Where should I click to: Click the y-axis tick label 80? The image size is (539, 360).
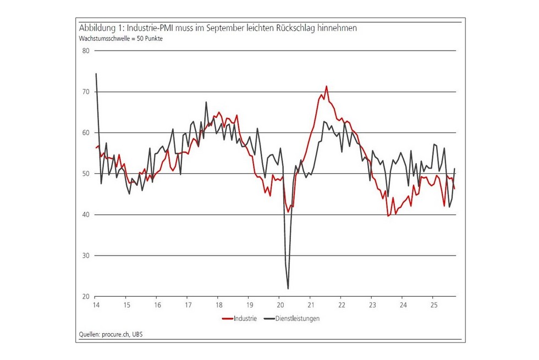(85, 51)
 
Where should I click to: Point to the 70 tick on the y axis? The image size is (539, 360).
(85, 92)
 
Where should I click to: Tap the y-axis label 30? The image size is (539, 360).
(85, 256)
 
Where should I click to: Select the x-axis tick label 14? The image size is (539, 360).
(96, 305)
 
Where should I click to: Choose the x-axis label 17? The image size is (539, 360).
(188, 305)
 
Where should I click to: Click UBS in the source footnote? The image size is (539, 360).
(142, 334)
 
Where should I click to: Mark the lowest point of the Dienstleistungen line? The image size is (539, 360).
(288, 289)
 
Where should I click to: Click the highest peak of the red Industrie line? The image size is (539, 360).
(326, 86)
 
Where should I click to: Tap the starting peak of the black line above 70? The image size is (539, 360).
(96, 74)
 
